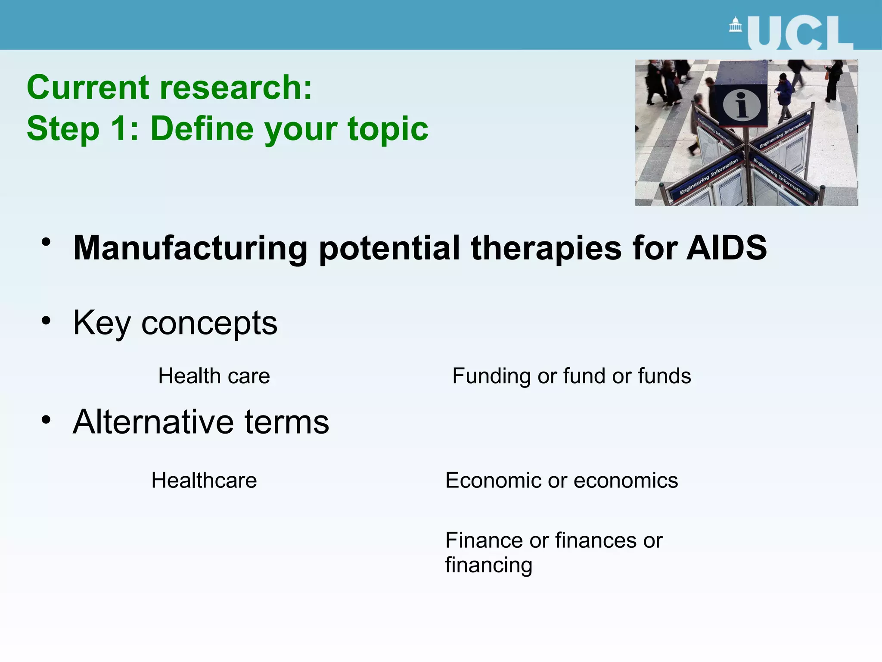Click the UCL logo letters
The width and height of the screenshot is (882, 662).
pos(800,34)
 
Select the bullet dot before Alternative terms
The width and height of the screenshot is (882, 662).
pos(46,419)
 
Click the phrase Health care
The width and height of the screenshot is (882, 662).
pos(214,376)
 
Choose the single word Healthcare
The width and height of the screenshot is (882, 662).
pos(204,480)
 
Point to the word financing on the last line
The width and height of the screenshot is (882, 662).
pos(489,565)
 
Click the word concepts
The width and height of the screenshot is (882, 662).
pos(209,323)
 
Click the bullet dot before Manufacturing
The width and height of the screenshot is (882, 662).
pos(46,243)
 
